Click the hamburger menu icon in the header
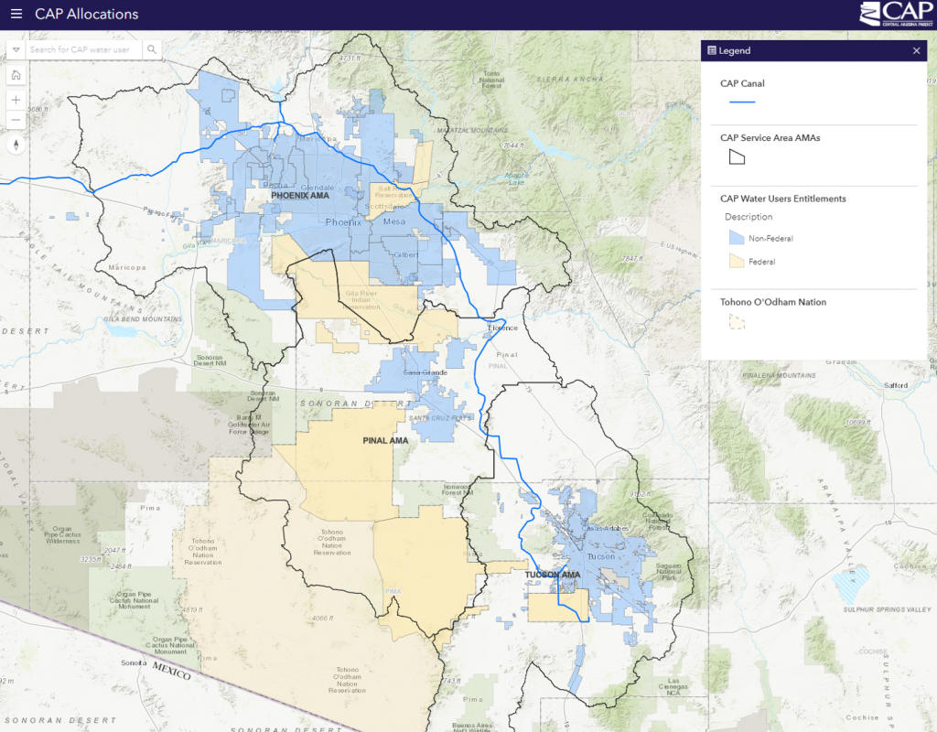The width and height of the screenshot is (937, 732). tap(16, 15)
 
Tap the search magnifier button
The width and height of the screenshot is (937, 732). tap(152, 49)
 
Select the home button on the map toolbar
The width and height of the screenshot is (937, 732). tap(16, 75)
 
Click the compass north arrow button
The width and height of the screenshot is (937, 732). tap(16, 145)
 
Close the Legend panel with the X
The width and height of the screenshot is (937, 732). tap(916, 51)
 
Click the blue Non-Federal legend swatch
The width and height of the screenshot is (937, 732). tap(735, 238)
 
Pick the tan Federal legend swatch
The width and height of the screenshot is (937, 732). tap(735, 262)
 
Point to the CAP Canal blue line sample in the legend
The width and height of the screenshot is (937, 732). tap(742, 102)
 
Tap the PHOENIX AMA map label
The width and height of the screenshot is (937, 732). tap(299, 196)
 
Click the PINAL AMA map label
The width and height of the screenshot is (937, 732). tap(384, 441)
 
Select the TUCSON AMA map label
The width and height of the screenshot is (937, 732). tap(553, 576)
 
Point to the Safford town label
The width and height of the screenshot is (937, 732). tap(896, 385)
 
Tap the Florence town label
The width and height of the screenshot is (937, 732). tap(501, 328)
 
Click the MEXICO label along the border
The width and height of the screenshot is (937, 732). tap(171, 674)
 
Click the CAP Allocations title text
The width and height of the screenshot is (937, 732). tap(87, 15)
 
